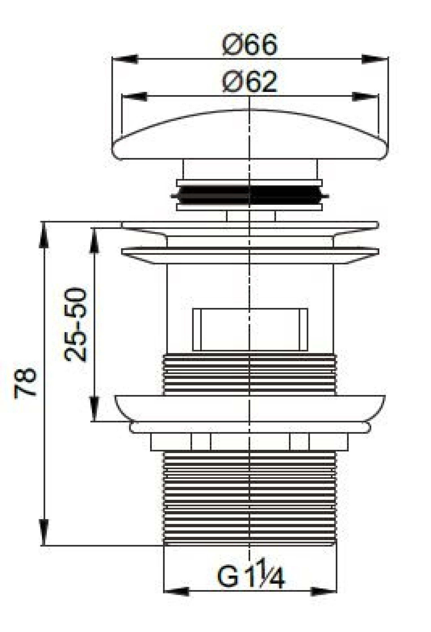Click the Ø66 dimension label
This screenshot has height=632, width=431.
249,45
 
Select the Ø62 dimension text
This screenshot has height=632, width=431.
249,82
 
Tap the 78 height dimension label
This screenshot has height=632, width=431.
25,383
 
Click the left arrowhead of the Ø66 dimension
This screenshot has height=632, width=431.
125,59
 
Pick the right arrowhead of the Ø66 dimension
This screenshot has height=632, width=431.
375,59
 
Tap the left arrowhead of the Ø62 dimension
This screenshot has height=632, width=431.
135,96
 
